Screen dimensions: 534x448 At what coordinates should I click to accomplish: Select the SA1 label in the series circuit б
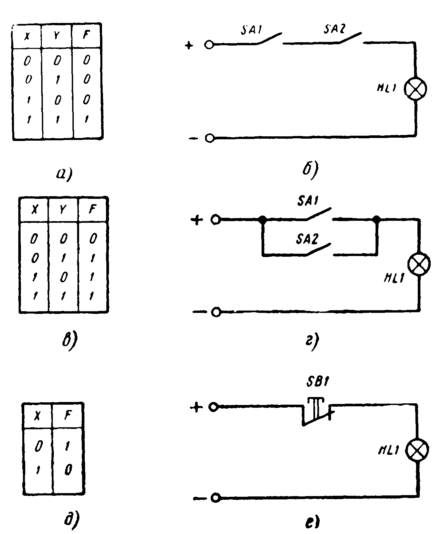point(252,31)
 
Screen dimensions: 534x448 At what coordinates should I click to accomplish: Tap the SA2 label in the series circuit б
point(335,30)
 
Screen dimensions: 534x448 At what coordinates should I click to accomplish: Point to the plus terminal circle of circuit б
point(209,45)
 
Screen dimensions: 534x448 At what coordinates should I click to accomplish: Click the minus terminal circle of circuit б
point(209,138)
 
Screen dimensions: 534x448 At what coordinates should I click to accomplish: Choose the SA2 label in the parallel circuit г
point(307,239)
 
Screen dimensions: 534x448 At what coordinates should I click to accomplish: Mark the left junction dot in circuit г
point(262,219)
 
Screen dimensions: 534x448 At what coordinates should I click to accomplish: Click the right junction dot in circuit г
point(377,219)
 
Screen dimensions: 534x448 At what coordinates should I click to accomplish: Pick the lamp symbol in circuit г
point(419,264)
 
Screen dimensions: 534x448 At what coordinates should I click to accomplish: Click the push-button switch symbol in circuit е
point(316,412)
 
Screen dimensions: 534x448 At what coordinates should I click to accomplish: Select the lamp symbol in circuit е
point(417,450)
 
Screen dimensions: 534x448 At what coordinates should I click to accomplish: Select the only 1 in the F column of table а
point(86,119)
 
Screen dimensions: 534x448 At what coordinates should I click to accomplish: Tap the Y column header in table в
point(63,209)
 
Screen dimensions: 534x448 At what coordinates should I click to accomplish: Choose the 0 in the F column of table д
point(68,470)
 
